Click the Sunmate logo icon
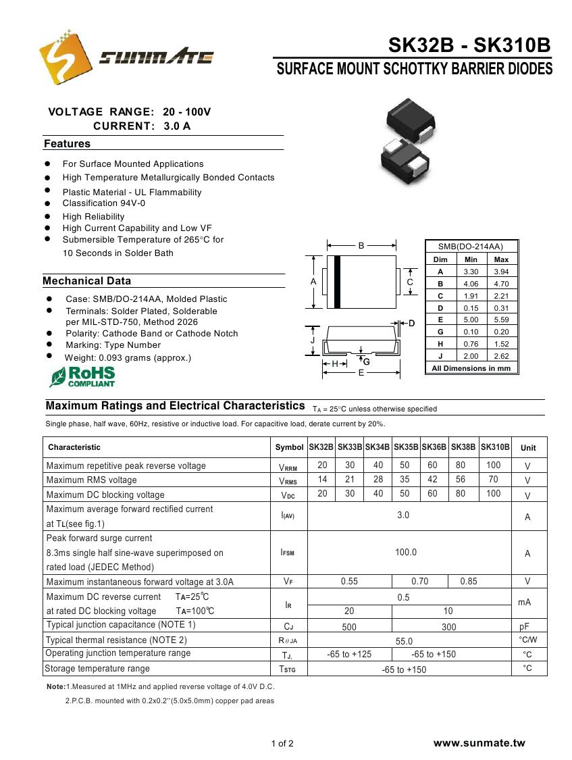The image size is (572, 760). (65, 57)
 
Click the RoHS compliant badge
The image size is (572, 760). (82, 377)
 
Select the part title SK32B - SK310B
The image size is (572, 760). (469, 46)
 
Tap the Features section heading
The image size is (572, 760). (67, 144)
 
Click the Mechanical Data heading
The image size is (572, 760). (86, 281)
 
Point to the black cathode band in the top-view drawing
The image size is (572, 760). (337, 282)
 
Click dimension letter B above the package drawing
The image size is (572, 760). (361, 246)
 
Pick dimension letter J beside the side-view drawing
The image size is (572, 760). (313, 341)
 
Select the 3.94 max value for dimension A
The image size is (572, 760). (501, 272)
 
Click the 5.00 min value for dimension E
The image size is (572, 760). (471, 320)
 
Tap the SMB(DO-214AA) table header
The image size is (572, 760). (471, 247)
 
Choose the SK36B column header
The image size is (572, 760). (434, 447)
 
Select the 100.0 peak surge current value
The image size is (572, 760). (406, 553)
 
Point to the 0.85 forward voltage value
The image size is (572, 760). (468, 582)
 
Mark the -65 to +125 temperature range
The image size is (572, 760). (349, 654)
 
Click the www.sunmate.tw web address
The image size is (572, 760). (479, 743)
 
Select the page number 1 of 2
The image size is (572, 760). (282, 744)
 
